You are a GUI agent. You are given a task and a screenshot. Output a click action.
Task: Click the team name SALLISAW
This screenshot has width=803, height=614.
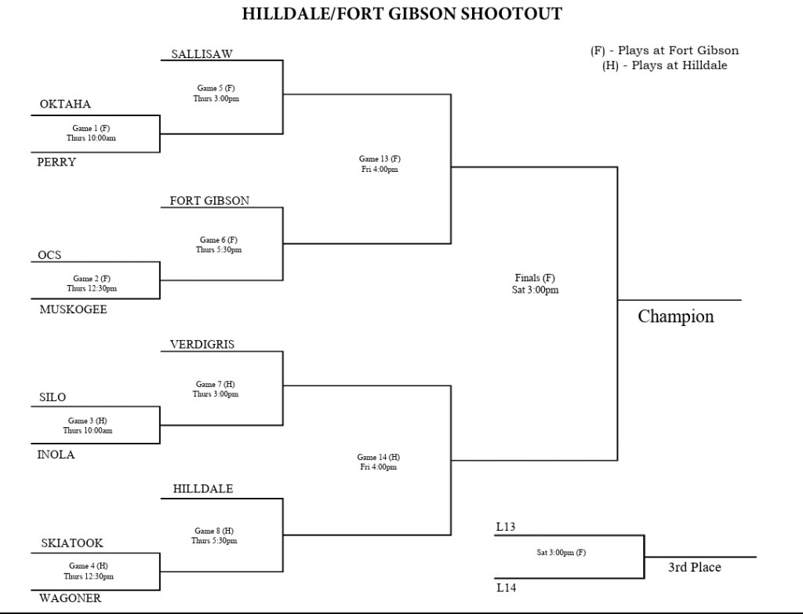tap(202, 54)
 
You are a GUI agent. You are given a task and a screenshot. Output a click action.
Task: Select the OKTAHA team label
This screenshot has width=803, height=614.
tap(65, 104)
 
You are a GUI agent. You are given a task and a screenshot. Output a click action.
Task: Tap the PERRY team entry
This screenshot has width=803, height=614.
tap(56, 163)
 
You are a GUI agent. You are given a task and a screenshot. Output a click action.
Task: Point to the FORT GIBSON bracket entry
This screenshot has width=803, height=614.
tap(209, 201)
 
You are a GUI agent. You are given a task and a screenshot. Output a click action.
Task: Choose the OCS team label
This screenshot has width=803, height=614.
tap(49, 255)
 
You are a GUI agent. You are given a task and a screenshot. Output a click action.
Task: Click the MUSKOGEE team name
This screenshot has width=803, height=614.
tap(73, 309)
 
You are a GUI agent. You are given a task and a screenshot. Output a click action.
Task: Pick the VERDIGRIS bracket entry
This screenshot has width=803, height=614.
tap(202, 344)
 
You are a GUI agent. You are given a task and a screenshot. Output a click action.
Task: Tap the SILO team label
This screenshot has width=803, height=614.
tap(53, 398)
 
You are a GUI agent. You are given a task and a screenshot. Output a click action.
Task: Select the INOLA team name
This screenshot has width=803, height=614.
tap(56, 455)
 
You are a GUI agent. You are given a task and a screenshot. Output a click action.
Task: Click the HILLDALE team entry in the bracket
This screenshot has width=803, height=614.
tap(203, 489)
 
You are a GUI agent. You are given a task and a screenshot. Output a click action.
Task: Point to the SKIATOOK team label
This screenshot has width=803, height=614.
tap(71, 543)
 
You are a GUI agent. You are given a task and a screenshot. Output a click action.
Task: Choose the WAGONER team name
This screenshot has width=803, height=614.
tap(70, 598)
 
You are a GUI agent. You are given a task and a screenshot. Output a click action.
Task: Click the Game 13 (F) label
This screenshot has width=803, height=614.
tap(380, 159)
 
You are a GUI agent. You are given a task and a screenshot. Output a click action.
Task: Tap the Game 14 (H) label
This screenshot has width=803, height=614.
tap(378, 457)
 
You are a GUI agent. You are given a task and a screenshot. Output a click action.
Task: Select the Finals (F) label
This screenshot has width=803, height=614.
tap(536, 278)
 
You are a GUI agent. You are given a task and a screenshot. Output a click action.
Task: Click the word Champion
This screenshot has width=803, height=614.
tap(675, 316)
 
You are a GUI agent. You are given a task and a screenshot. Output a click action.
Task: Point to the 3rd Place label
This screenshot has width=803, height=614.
tap(694, 567)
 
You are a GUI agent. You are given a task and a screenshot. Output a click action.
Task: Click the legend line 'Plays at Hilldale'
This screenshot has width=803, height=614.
tap(664, 65)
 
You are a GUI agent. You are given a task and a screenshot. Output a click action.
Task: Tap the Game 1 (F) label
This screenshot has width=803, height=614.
tap(91, 128)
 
